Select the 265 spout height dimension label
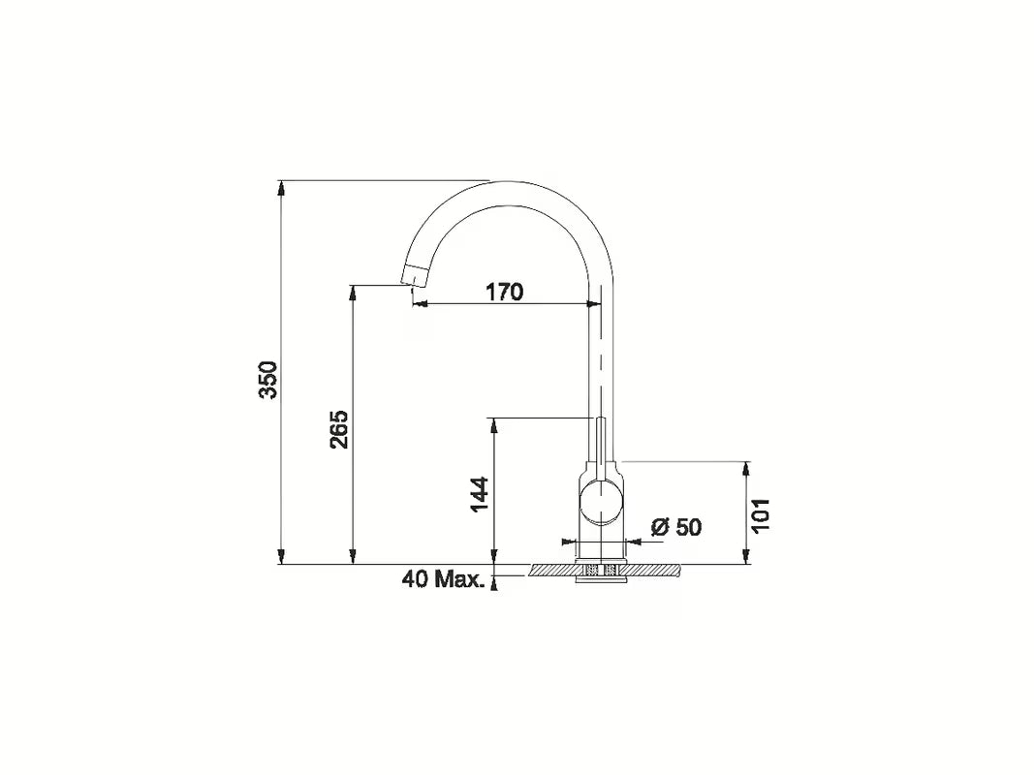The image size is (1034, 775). pyautogui.click(x=339, y=429)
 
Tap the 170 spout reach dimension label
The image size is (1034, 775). pyautogui.click(x=503, y=292)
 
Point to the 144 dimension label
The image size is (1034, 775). pyautogui.click(x=481, y=494)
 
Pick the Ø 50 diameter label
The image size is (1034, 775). pyautogui.click(x=676, y=527)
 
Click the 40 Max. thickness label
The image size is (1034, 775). pyautogui.click(x=443, y=579)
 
